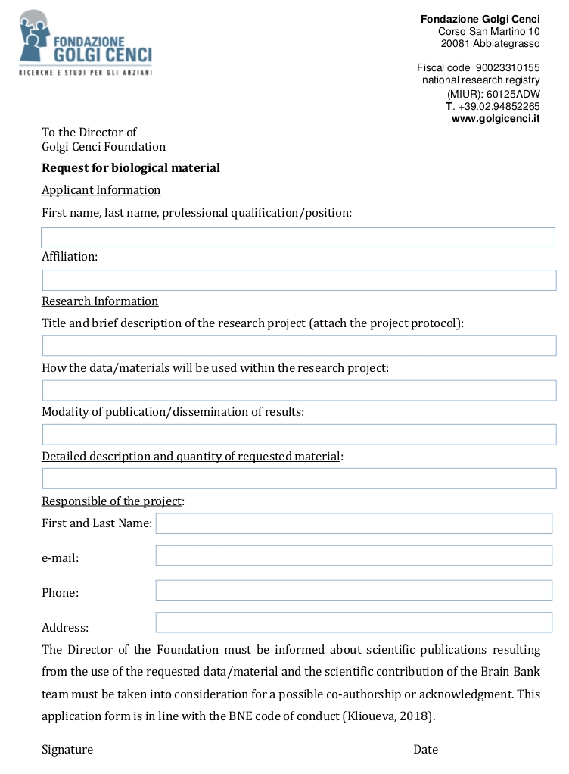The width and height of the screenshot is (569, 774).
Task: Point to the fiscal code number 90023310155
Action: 508,67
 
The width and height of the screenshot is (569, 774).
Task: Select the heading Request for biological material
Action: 131,167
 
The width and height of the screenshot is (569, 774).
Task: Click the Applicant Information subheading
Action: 101,189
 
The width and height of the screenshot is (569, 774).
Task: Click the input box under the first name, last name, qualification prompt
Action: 298,238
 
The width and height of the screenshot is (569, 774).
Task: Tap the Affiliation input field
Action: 298,280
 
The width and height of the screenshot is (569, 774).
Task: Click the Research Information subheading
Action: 100,301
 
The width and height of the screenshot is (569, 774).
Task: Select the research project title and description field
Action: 298,345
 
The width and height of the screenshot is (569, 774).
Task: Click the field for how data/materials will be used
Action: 298,390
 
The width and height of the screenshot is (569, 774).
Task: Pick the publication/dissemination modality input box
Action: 298,434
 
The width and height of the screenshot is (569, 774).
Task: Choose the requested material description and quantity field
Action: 298,479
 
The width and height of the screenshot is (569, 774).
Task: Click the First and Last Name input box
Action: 353,523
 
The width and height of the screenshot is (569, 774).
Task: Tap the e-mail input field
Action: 353,555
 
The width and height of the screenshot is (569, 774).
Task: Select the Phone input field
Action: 353,590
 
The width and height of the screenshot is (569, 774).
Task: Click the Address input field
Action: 353,623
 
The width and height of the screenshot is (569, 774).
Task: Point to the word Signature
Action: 67,749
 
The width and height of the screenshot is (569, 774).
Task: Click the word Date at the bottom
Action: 425,749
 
